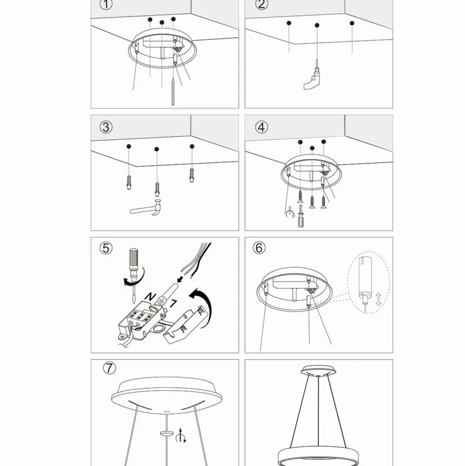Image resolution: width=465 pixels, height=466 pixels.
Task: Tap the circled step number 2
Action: coord(261,4)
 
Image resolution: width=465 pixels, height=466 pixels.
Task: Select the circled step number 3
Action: coord(106,127)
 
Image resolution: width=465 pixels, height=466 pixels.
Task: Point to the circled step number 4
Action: coord(261,127)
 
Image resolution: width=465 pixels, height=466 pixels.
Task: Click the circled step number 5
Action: coord(106,248)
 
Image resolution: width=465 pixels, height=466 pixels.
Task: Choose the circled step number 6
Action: coord(259,248)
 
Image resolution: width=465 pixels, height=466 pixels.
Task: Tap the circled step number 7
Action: coord(109,368)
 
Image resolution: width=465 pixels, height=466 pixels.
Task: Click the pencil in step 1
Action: coord(173,91)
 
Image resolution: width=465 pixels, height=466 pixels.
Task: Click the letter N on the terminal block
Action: coord(150,296)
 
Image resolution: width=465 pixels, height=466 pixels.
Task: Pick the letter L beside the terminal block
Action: coord(173,304)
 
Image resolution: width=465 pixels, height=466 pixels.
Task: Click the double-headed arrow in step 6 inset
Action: coord(378,299)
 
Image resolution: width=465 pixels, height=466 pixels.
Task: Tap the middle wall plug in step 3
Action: coord(157,189)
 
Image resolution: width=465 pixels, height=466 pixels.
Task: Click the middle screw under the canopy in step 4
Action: coord(312,202)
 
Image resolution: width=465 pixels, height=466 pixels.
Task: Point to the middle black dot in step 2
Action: coord(317,25)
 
